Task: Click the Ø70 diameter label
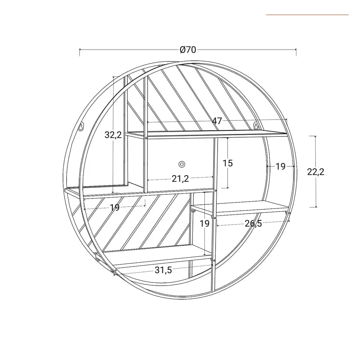pos(188,50)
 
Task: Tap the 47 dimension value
pos(217,121)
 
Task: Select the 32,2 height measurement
pos(113,135)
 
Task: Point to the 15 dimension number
pos(228,163)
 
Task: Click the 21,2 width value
pos(180,179)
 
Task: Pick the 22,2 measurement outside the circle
pos(316,172)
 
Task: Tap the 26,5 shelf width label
pos(253,223)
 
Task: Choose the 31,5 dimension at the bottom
pos(163,270)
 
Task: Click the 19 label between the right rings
pos(280,166)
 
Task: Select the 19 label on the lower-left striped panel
pos(115,208)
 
